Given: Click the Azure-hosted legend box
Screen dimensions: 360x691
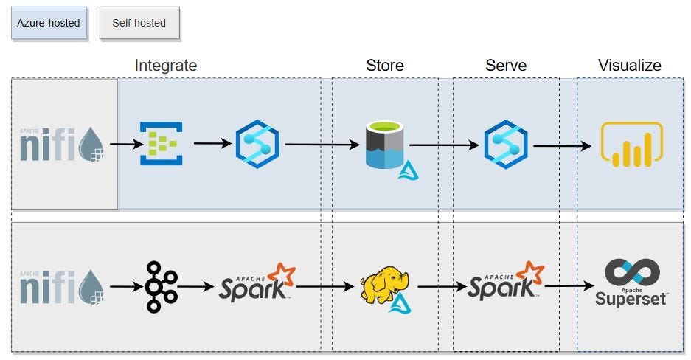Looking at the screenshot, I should pyautogui.click(x=49, y=23).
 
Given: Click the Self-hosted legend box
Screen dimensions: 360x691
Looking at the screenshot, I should pyautogui.click(x=139, y=23).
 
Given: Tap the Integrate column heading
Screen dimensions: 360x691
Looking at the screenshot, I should pyautogui.click(x=165, y=65).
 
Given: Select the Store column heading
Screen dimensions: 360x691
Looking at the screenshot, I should pyautogui.click(x=384, y=65).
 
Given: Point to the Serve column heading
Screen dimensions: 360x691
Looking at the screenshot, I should pyautogui.click(x=506, y=65).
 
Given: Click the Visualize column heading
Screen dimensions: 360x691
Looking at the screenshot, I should pyautogui.click(x=629, y=65).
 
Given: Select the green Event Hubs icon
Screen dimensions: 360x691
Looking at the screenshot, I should pyautogui.click(x=162, y=144).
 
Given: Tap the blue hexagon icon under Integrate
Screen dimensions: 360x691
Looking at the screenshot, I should pyautogui.click(x=257, y=144).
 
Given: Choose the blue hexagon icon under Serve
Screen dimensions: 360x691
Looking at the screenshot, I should pyautogui.click(x=505, y=144).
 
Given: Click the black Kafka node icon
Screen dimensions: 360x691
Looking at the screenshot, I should pyautogui.click(x=161, y=286).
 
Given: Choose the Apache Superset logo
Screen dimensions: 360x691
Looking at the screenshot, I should pyautogui.click(x=631, y=283).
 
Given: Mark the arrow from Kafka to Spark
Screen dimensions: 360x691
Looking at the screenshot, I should pyautogui.click(x=195, y=287).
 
